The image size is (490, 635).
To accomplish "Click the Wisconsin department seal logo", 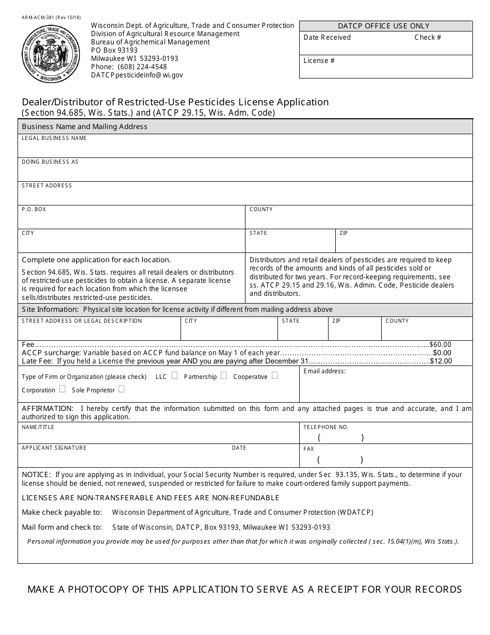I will [51, 54].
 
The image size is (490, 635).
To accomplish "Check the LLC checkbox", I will [174, 375].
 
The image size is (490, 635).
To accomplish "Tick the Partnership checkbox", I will [223, 375].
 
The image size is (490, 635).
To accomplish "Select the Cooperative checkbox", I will [274, 375].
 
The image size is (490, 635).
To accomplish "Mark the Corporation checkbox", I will [62, 389].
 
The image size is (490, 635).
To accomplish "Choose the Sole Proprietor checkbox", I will [121, 389].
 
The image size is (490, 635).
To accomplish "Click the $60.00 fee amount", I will [440, 345].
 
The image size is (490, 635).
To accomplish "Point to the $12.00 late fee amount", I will [441, 361].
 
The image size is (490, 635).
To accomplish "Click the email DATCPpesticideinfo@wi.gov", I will [137, 75].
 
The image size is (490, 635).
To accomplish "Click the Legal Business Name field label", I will [54, 138].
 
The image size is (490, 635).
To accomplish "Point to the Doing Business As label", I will [50, 162].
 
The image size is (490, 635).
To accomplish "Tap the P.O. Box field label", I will [34, 210].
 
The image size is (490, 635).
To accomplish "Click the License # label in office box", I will [319, 61].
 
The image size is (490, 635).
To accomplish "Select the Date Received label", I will [327, 38].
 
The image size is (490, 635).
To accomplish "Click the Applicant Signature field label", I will [54, 448].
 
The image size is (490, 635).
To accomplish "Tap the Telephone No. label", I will [326, 427].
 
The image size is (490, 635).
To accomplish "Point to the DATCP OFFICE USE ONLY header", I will [384, 26].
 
